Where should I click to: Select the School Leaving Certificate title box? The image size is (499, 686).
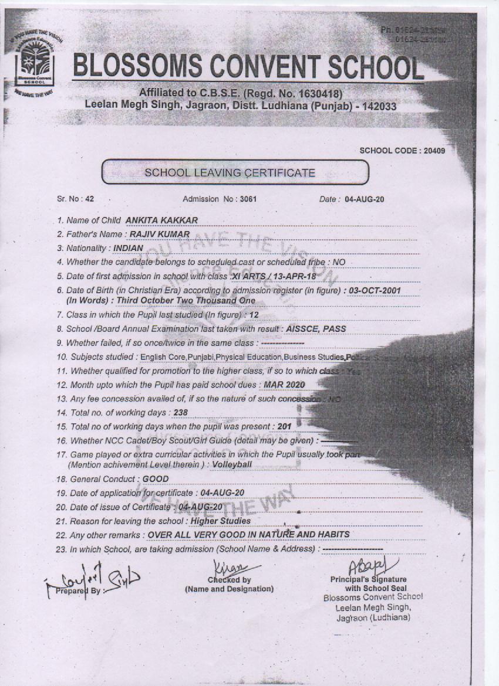click(235, 172)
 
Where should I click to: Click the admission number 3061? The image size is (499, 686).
click(248, 199)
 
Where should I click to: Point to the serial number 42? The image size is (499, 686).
click(90, 199)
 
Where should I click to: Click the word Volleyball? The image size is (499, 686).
click(234, 464)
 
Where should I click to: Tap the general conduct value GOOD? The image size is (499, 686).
click(156, 478)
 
